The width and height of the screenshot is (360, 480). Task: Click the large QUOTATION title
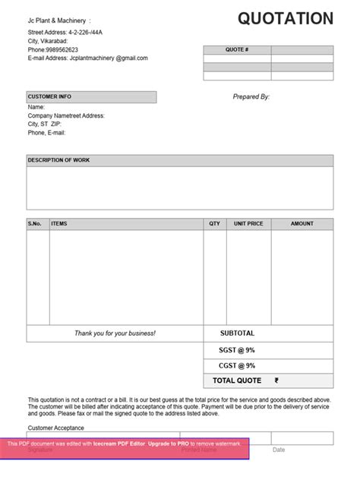tap(285, 19)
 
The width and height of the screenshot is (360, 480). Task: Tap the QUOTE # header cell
tap(237, 49)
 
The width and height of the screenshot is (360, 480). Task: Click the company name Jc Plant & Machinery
tap(58, 21)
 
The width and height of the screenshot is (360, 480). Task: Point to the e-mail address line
tap(87, 58)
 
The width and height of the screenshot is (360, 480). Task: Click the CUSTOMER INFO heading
tap(49, 97)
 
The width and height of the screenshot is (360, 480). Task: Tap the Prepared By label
tap(251, 97)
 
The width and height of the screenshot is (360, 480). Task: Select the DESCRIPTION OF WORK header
tap(58, 160)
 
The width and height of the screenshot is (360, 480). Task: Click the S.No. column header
tap(35, 224)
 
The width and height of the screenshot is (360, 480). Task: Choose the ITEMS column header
tap(59, 224)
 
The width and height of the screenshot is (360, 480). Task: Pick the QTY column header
tap(215, 224)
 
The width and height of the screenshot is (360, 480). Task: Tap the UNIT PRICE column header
tap(248, 224)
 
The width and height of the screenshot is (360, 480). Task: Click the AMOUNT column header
tap(302, 224)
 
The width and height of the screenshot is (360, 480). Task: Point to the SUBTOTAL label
tap(237, 333)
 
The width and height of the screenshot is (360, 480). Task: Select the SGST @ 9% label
tap(237, 350)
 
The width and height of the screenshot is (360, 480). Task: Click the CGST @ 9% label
tap(237, 366)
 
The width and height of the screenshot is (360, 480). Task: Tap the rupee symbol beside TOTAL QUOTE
tap(276, 381)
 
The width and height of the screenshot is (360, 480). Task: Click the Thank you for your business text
tap(115, 333)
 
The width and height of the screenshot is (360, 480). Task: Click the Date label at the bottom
tap(279, 450)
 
